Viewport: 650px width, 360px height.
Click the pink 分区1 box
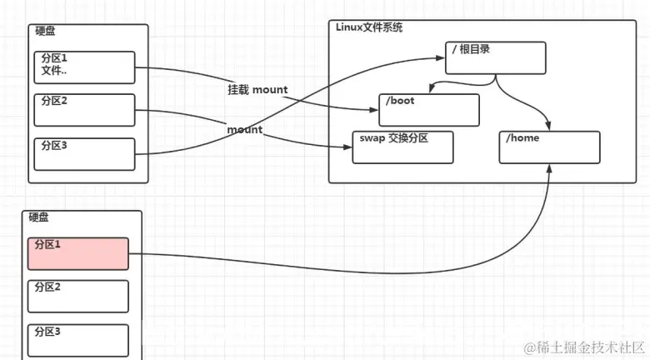(78, 253)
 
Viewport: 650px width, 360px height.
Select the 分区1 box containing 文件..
(84, 67)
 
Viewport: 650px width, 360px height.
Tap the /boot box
(429, 109)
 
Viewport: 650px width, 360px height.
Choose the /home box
(549, 146)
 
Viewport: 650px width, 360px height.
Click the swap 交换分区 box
(402, 147)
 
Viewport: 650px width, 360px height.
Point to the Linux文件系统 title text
(369, 27)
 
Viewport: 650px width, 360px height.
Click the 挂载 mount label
(257, 89)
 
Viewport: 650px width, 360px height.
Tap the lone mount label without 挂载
(244, 129)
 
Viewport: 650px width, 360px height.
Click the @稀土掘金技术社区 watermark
(584, 346)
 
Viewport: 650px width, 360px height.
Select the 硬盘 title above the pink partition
(39, 217)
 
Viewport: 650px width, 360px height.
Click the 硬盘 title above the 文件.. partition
(45, 31)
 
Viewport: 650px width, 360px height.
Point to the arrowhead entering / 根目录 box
(442, 57)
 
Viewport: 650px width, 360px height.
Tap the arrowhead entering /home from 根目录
(549, 125)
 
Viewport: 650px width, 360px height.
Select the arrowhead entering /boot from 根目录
(429, 90)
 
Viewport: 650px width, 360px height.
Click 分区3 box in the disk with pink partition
(78, 340)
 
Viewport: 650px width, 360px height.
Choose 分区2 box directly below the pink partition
(78, 296)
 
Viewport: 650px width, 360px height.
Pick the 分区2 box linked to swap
(84, 109)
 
